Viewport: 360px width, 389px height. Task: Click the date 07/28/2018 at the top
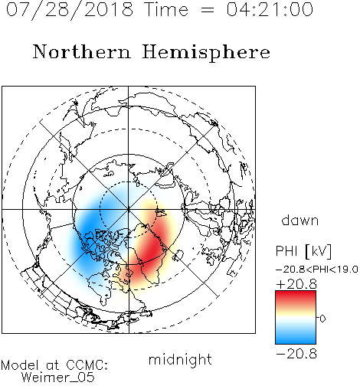click(x=70, y=10)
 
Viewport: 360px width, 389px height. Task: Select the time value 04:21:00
click(x=270, y=9)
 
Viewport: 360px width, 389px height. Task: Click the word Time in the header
click(x=166, y=9)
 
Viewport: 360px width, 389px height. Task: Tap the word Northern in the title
click(x=82, y=51)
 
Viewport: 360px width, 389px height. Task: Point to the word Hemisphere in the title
click(x=206, y=53)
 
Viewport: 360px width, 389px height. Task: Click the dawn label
click(x=300, y=220)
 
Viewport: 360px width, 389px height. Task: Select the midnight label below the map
click(x=180, y=359)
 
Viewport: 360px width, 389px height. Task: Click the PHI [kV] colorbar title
click(x=303, y=251)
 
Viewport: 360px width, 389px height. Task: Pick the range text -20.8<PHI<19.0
click(x=317, y=270)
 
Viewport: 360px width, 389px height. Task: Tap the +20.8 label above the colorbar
click(x=296, y=284)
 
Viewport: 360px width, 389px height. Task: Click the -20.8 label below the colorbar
click(x=296, y=354)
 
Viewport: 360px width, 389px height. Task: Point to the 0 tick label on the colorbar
click(x=322, y=319)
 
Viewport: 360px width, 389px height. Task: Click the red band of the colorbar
click(x=296, y=297)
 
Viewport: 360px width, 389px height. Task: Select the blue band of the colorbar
click(x=296, y=337)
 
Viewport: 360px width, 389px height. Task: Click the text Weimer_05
click(x=58, y=378)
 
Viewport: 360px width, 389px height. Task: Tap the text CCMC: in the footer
click(x=87, y=365)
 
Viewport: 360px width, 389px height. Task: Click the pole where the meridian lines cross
click(x=129, y=209)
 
